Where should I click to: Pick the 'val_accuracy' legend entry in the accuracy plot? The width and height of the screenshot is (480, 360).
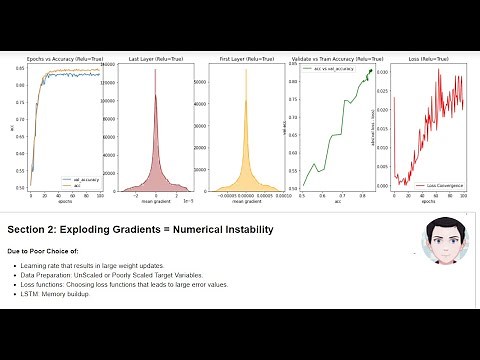coord(83,179)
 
